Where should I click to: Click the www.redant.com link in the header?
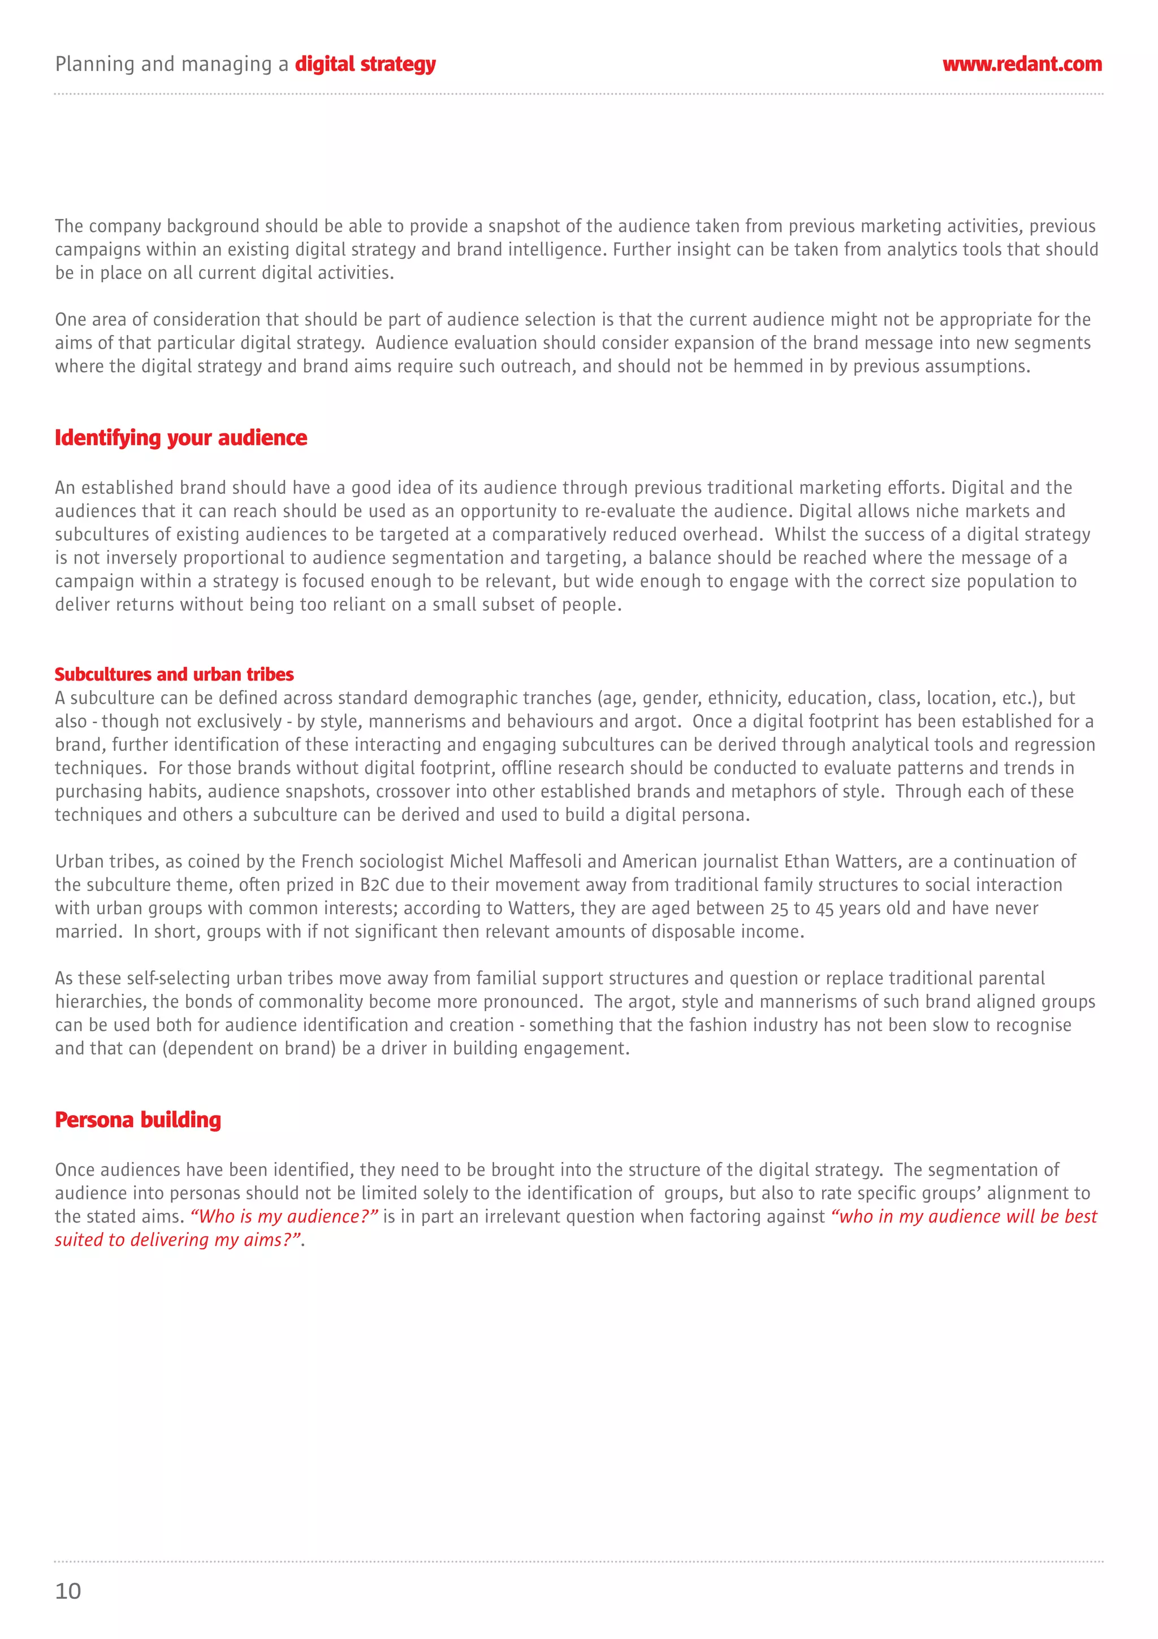click(x=1021, y=64)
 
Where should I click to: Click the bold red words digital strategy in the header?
click(x=365, y=64)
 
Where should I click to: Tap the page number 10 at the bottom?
click(x=68, y=1590)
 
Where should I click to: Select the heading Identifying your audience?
click(x=180, y=437)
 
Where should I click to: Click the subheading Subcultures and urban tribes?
click(x=174, y=674)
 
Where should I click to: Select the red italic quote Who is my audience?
click(x=284, y=1216)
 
